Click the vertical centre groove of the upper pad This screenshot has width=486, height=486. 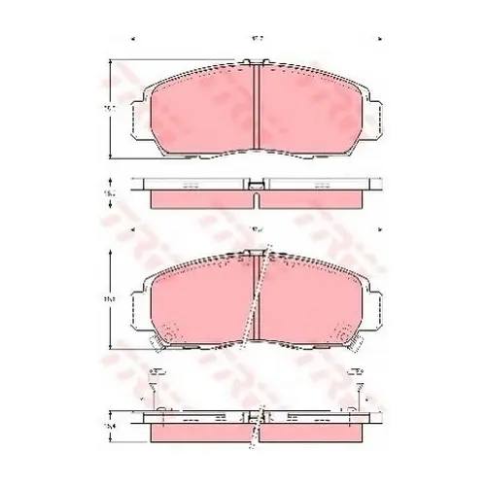pos(256,107)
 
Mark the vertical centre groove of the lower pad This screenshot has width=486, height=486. pos(256,301)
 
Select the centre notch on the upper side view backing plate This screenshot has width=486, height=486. pos(256,182)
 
